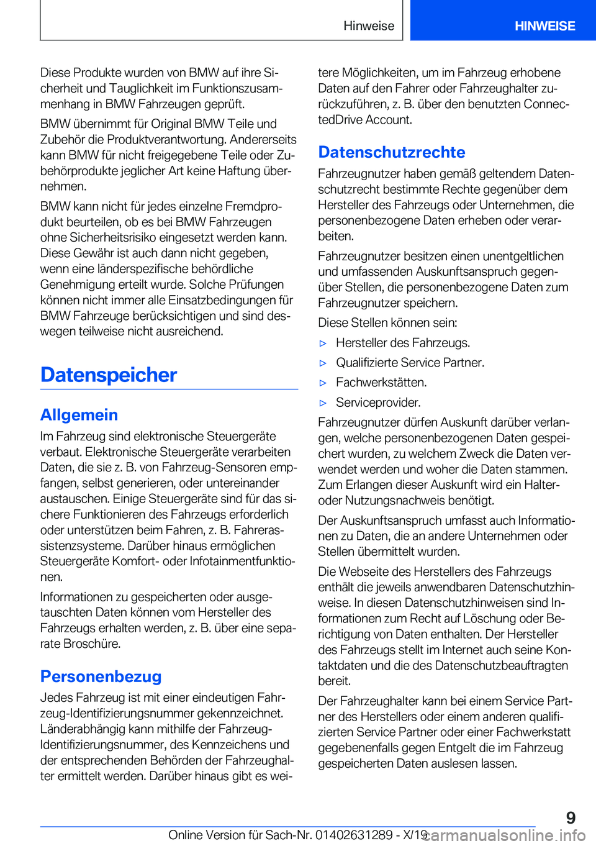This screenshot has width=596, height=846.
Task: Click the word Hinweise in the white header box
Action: click(369, 26)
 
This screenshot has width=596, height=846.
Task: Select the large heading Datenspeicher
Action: click(109, 375)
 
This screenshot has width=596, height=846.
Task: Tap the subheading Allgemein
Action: click(79, 415)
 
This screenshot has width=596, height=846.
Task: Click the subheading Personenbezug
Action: click(101, 676)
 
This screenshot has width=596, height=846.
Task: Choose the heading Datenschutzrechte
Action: click(391, 152)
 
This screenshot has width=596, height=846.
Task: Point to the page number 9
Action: click(571, 818)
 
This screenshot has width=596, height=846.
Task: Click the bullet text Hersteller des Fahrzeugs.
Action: click(403, 343)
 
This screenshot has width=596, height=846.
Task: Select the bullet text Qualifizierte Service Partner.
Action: click(410, 363)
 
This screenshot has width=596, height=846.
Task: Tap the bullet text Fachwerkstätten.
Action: click(381, 383)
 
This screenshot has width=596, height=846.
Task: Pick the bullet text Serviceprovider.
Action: click(378, 403)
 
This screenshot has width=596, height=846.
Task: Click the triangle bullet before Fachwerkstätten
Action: click(323, 383)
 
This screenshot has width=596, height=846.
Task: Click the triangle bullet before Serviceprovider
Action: click(323, 403)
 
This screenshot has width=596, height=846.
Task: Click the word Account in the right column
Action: click(387, 120)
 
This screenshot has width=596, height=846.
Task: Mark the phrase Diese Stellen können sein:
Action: click(387, 323)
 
